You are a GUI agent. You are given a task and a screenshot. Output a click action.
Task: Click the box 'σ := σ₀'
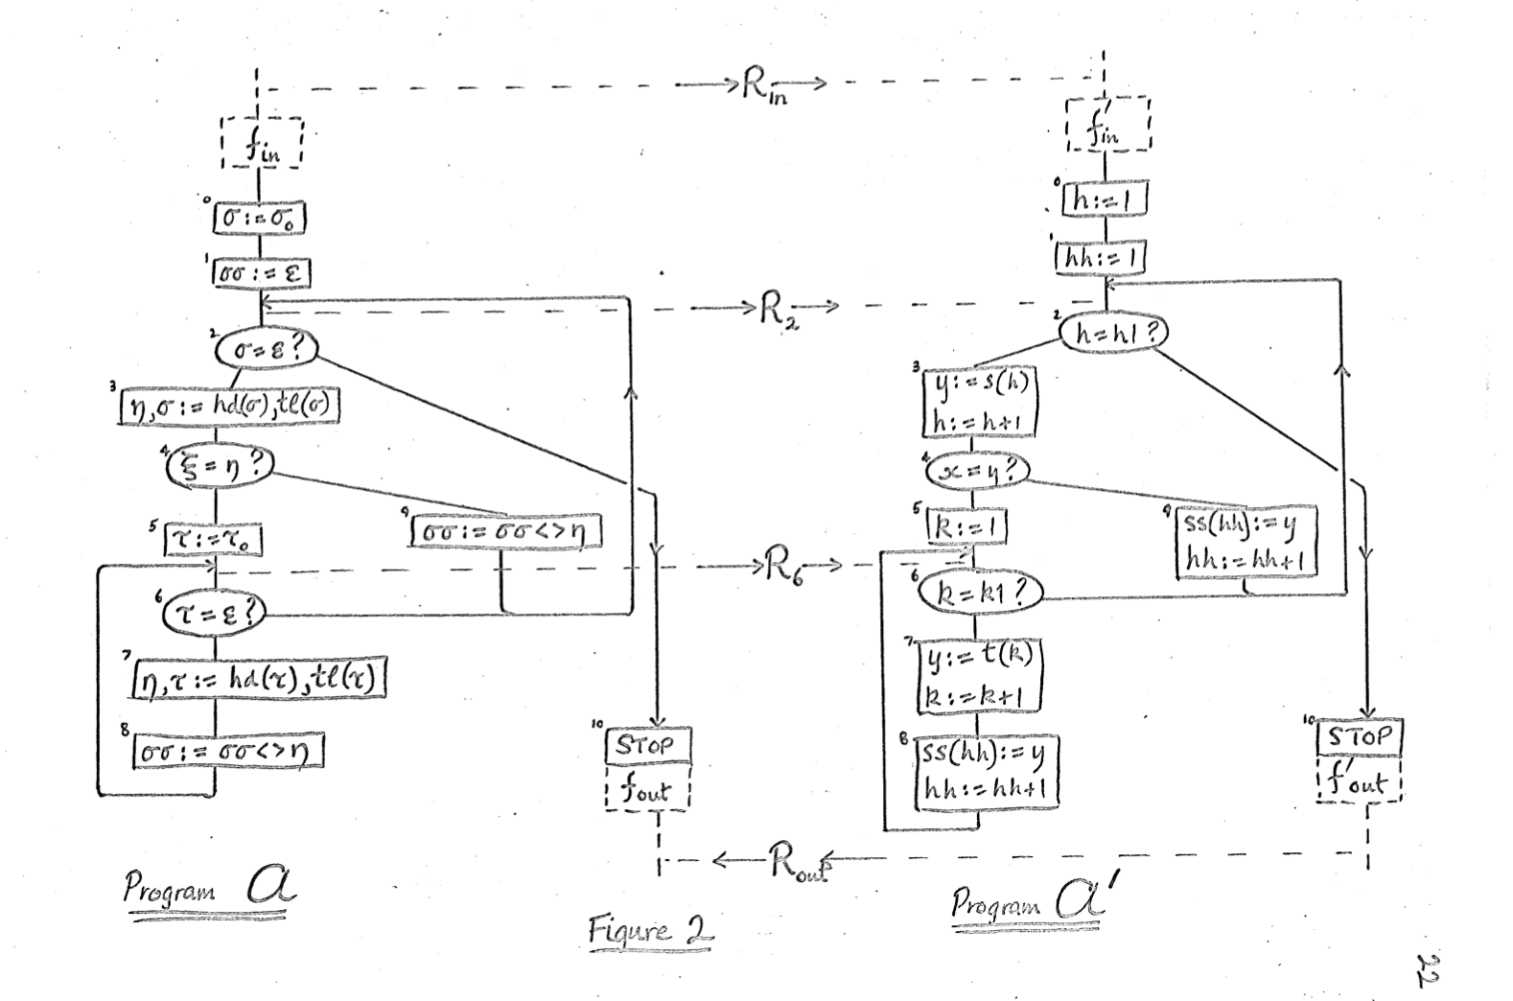[x=259, y=219]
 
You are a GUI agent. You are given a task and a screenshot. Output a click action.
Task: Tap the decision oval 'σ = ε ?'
[x=266, y=349]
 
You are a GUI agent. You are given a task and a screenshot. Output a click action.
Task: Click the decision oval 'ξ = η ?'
[x=220, y=467]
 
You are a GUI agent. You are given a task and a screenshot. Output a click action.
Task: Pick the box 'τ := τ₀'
[x=215, y=540]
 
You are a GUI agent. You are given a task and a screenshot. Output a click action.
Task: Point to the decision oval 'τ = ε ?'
[x=213, y=612]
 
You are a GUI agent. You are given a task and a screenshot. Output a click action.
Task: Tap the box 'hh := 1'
[x=1100, y=258]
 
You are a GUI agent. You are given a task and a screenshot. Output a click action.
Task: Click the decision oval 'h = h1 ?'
[x=1113, y=333]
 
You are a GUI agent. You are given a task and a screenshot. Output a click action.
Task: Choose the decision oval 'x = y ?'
[x=975, y=469]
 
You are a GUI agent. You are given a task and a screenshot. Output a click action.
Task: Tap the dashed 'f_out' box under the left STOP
[x=648, y=791]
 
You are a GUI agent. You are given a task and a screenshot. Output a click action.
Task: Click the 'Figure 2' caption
[x=651, y=930]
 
